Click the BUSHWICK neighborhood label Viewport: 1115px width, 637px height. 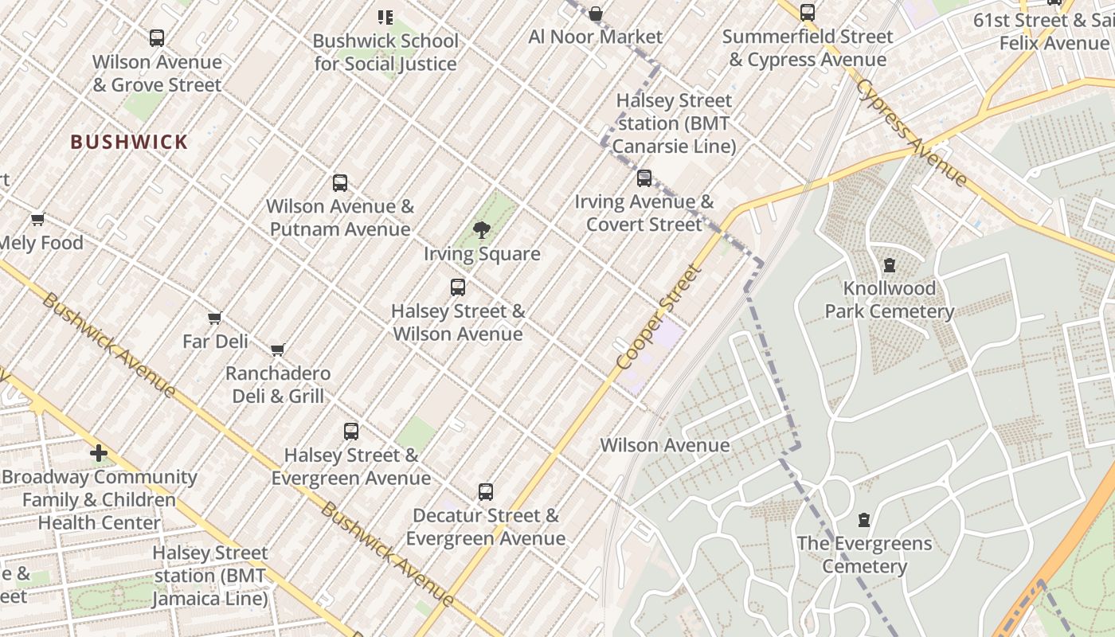pyautogui.click(x=129, y=143)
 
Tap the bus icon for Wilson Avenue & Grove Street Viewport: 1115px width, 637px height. pyautogui.click(x=157, y=37)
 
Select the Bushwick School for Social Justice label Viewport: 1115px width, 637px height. pyautogui.click(x=385, y=52)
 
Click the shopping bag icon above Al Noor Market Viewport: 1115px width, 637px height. pyautogui.click(x=595, y=14)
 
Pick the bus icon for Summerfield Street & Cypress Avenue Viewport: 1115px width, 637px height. pyautogui.click(x=808, y=13)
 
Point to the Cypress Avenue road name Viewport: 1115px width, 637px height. pyautogui.click(x=911, y=131)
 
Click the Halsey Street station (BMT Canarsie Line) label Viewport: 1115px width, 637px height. pyautogui.click(x=674, y=123)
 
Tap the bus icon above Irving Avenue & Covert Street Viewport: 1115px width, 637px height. pyautogui.click(x=644, y=178)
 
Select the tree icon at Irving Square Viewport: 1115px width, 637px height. pyautogui.click(x=481, y=231)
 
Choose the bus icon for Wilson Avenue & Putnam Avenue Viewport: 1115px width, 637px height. pyautogui.click(x=340, y=183)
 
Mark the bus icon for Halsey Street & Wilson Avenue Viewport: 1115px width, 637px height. pyautogui.click(x=458, y=287)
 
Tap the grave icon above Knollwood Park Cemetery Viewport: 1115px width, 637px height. pyautogui.click(x=889, y=265)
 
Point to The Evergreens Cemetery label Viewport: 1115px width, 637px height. pyautogui.click(x=864, y=555)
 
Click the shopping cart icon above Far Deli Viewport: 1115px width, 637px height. pyautogui.click(x=214, y=318)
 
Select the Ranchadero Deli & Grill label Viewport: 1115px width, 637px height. pyautogui.click(x=278, y=385)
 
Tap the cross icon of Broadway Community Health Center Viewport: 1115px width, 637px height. pyautogui.click(x=99, y=454)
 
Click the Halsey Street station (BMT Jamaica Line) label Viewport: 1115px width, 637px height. pyautogui.click(x=210, y=576)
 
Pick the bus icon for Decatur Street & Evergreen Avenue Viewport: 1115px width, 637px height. pyautogui.click(x=486, y=492)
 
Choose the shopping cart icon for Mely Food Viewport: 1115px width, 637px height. pyautogui.click(x=37, y=220)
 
